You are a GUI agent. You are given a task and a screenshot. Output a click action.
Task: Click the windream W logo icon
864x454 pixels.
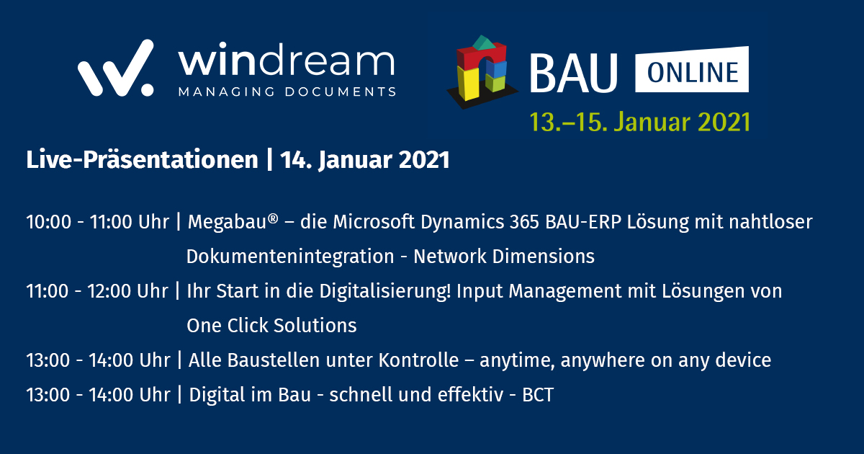pos(115,68)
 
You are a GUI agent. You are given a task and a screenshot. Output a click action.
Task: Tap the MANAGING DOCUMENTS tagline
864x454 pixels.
pos(287,92)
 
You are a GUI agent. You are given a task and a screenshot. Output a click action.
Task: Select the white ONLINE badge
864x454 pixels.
pos(691,70)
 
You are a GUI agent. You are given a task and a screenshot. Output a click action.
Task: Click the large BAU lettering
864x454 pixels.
pos(574,71)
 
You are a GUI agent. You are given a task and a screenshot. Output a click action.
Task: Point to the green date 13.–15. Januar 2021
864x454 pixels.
pos(640,120)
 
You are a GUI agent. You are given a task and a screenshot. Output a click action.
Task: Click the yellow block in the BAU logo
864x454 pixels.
pos(471,83)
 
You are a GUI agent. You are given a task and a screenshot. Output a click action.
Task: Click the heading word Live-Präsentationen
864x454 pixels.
pos(141,160)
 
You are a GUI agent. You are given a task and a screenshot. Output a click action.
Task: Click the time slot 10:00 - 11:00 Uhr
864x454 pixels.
pos(98,222)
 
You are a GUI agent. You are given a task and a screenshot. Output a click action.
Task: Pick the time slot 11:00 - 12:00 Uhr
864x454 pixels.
pos(98,291)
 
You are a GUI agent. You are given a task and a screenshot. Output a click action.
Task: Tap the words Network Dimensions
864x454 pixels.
pos(503,256)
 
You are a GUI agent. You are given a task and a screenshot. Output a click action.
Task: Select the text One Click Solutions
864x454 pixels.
pos(271,325)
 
